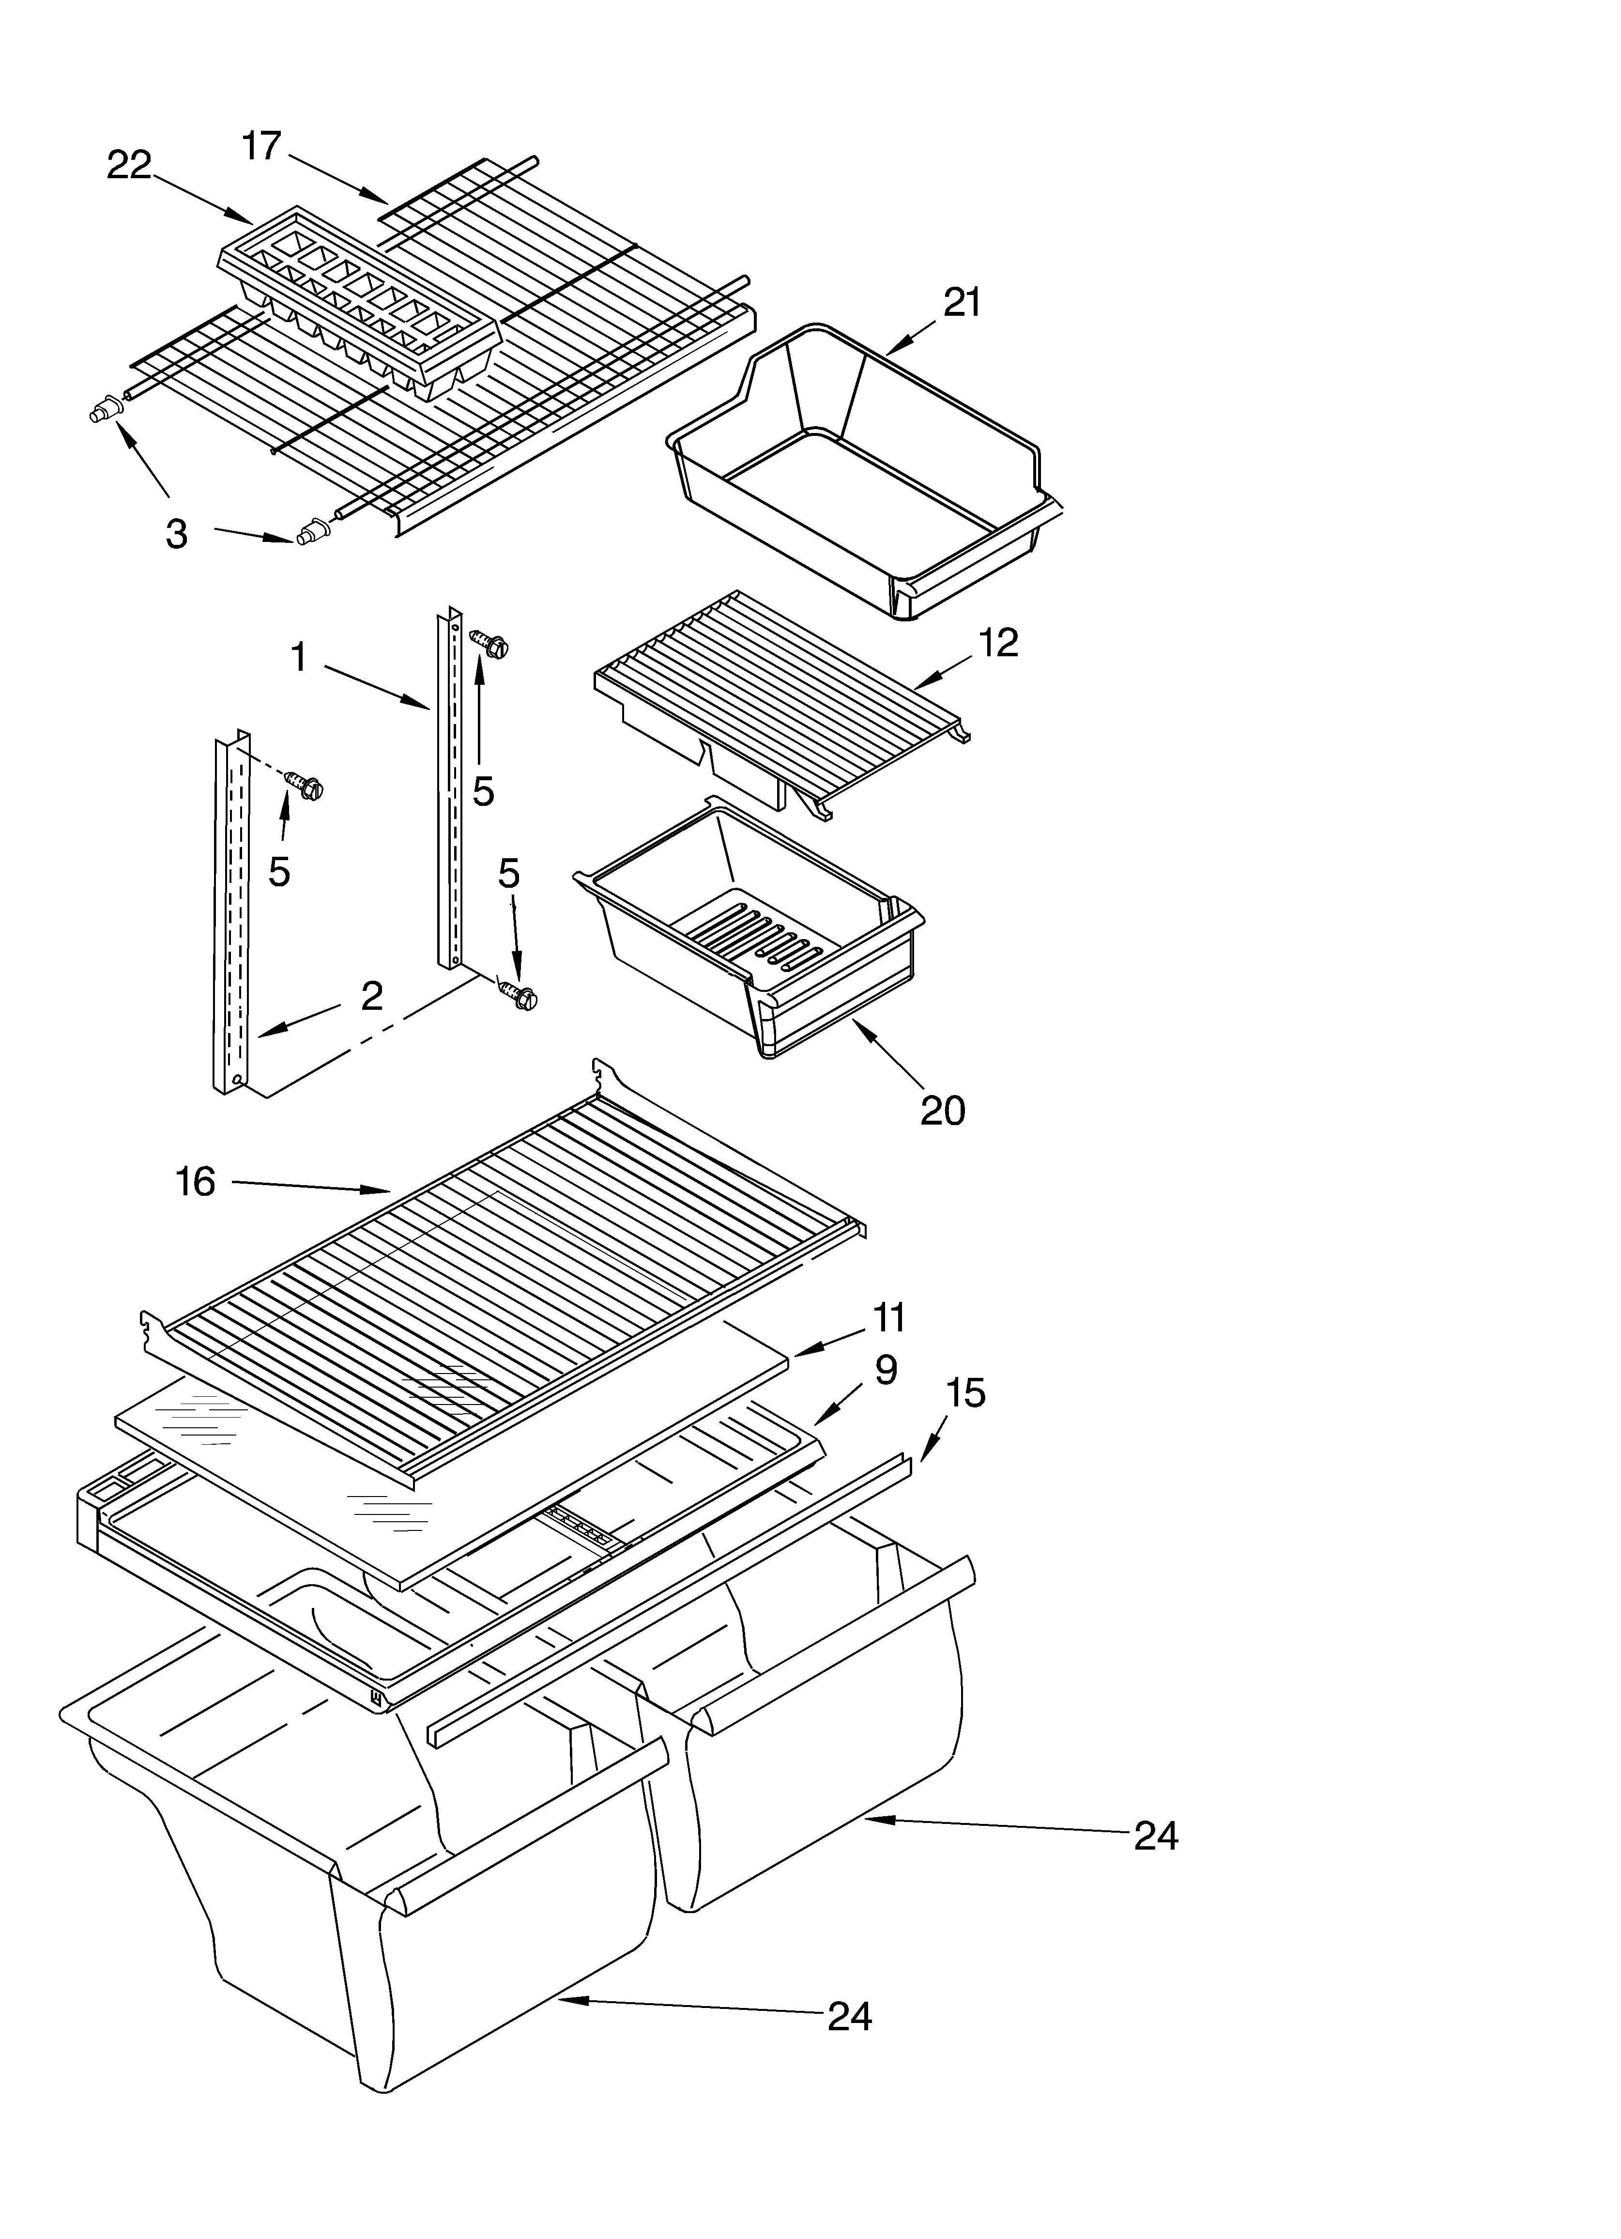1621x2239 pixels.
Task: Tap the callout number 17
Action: click(261, 146)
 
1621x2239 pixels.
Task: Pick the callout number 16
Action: click(196, 1182)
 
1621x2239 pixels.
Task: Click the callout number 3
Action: click(176, 534)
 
